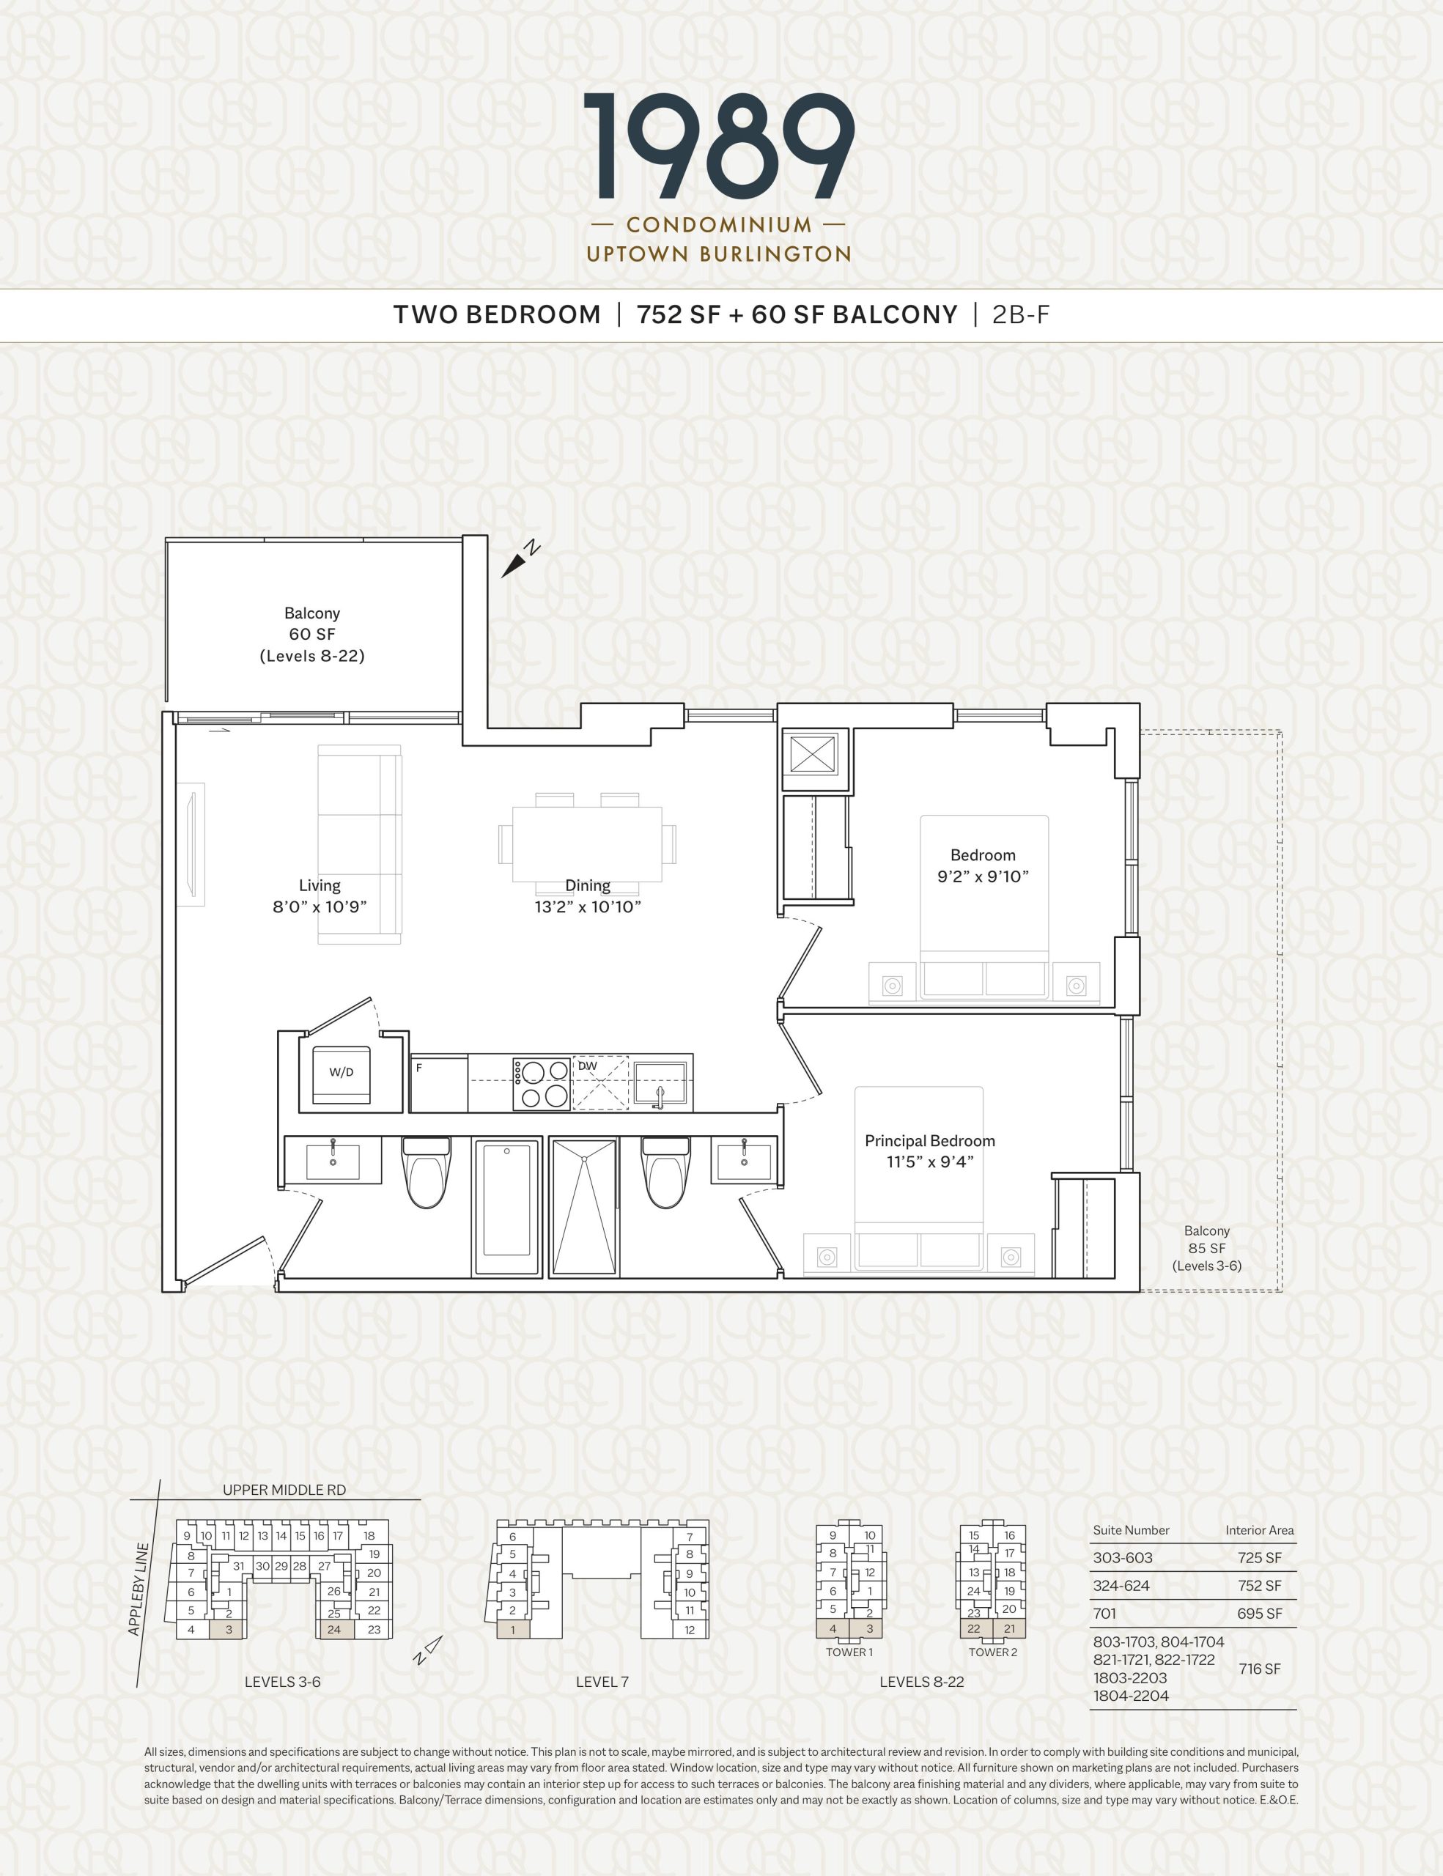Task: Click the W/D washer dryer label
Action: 341,1072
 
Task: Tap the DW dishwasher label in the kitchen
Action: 588,1066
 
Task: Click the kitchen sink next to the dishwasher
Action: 660,1082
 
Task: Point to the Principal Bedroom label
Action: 929,1141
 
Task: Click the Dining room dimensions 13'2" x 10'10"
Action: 588,907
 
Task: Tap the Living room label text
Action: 320,885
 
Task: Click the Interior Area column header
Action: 1259,1530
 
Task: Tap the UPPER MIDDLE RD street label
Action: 284,1490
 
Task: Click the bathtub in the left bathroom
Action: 506,1206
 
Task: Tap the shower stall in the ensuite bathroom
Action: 584,1206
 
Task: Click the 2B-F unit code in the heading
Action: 1022,315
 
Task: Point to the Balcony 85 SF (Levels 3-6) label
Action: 1207,1248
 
